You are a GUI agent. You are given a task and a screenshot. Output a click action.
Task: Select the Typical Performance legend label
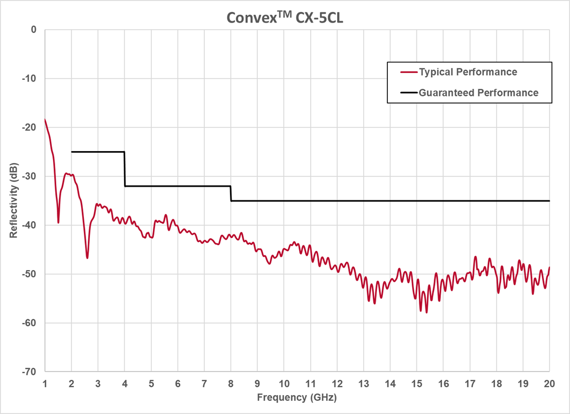point(467,72)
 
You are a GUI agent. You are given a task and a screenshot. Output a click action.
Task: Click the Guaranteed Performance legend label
point(478,93)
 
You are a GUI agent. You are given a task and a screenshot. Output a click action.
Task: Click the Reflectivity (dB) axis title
point(13,201)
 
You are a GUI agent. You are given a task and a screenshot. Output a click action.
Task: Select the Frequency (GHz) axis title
point(296,397)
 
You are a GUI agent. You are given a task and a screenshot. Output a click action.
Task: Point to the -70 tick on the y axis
point(29,372)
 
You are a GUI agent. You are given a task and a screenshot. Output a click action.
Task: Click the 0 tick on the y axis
point(34,29)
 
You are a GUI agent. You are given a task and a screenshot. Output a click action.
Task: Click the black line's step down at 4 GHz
point(125,169)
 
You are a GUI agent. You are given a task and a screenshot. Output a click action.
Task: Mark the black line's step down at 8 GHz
point(231,193)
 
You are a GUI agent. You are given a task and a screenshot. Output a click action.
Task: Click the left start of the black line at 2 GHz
point(72,152)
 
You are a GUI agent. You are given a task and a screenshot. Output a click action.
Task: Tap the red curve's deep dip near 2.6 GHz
point(87,257)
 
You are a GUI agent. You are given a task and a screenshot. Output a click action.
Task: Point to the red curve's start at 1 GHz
point(45,119)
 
